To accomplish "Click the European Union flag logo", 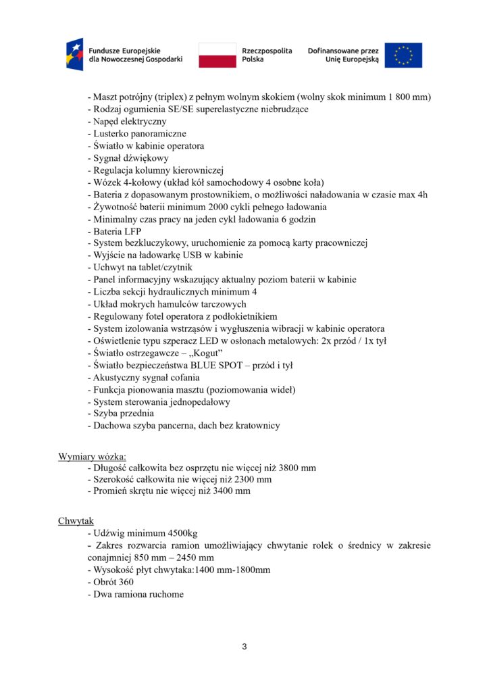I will (x=404, y=55).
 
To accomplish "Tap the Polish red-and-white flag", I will (x=217, y=55).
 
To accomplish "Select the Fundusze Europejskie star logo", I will (x=74, y=55).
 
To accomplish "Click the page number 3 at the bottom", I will (x=244, y=647).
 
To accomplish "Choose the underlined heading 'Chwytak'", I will (x=76, y=521).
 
